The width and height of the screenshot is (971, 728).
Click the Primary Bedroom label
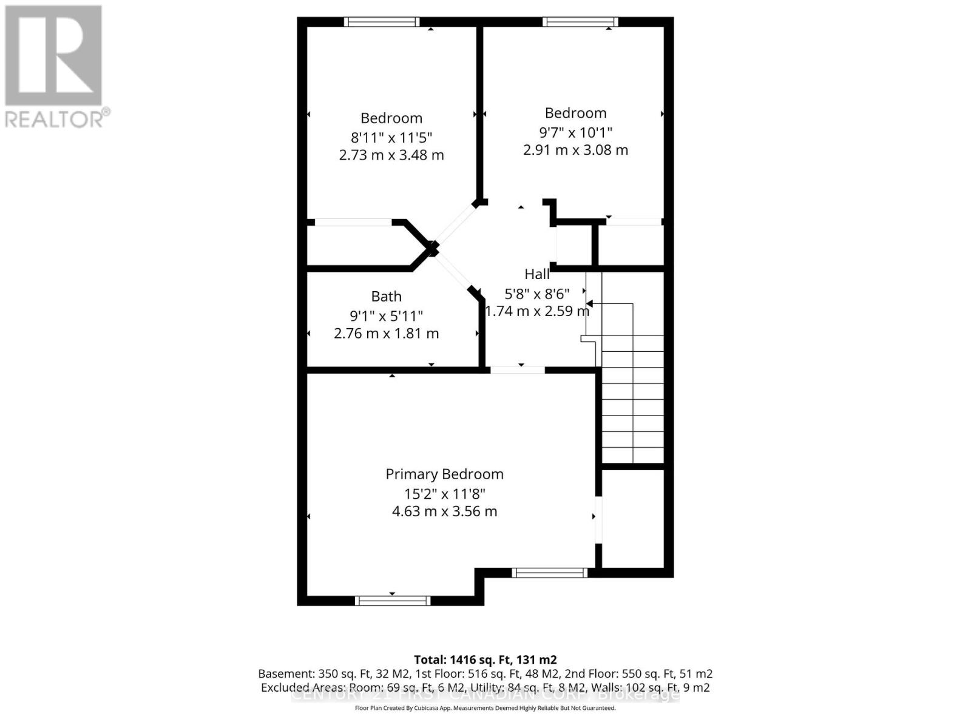point(444,474)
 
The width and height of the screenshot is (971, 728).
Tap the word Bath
point(386,296)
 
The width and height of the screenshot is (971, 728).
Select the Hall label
point(537,274)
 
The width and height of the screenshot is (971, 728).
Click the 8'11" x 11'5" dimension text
point(391,137)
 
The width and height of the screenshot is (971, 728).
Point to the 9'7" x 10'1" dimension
point(575,132)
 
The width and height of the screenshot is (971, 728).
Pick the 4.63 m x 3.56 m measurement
point(444,511)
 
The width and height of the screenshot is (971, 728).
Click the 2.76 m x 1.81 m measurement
point(386,333)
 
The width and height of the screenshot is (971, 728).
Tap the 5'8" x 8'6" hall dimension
point(537,294)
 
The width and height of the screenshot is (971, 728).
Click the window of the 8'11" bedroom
point(382,22)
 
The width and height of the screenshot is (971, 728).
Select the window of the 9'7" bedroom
point(580,22)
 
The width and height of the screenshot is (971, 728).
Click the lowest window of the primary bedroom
point(393,601)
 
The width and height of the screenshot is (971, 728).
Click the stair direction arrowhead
point(589,303)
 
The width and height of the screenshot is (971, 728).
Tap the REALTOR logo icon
point(53,55)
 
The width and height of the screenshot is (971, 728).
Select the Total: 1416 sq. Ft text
point(485,659)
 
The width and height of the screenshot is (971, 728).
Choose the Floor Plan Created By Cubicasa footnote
point(485,708)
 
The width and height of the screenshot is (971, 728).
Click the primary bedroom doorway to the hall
point(518,369)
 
